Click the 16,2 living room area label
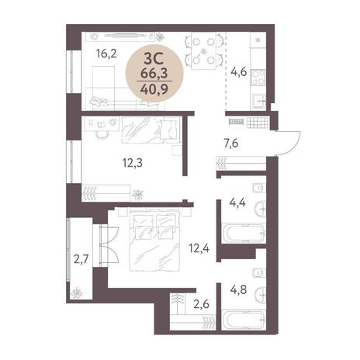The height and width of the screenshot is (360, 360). point(106,54)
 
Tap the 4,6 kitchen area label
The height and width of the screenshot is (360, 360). point(238,71)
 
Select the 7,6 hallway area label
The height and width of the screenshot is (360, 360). point(231,143)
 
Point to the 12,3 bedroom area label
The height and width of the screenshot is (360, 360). point(133,163)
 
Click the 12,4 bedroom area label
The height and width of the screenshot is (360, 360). point(199,249)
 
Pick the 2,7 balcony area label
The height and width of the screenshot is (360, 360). point(81,259)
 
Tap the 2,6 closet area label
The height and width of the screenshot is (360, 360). point(201,304)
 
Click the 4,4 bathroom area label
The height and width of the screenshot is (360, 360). point(237,202)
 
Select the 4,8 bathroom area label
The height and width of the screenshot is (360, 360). point(238,289)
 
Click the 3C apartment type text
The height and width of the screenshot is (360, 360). point(154,60)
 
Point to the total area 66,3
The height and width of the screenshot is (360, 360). point(154,74)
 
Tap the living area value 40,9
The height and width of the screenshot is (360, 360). point(154,88)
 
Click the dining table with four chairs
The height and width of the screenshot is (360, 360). point(204,50)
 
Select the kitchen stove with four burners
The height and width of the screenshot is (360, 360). point(258,78)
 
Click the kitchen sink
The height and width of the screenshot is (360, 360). point(259,101)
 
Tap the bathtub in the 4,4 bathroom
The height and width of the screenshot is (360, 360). point(244,234)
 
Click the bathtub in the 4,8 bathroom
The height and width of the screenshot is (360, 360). point(244,320)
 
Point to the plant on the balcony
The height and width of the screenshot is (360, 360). point(77,293)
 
